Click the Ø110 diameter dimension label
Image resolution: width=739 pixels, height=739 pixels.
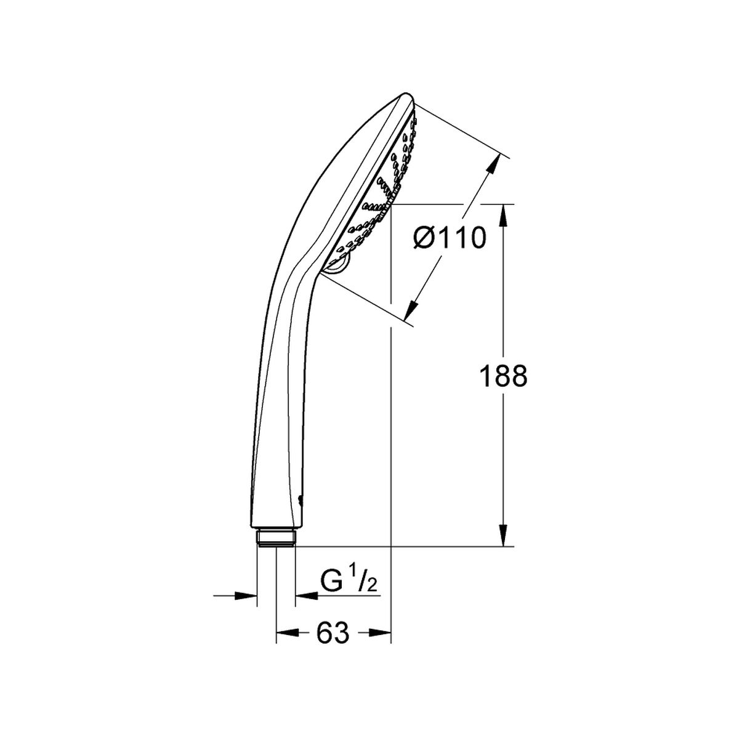coord(450,237)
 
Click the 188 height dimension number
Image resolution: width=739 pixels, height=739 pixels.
coord(504,376)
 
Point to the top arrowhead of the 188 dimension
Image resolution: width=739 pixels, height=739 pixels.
coord(504,216)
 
